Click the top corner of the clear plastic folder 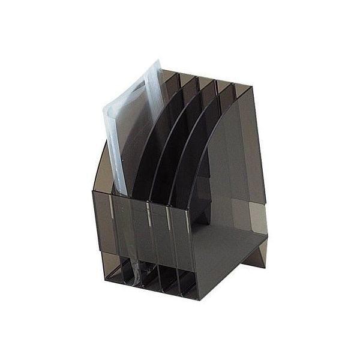(x=157, y=61)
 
